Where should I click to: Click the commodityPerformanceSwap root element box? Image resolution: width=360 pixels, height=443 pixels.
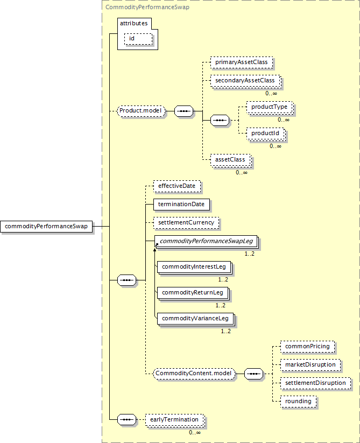tap(46, 226)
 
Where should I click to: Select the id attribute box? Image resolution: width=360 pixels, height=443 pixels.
tap(138, 39)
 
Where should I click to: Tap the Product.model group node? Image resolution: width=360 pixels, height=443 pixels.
tap(141, 111)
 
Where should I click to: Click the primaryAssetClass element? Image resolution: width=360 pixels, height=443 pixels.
tap(242, 62)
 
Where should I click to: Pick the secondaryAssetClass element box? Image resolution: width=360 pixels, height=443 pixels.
tap(245, 81)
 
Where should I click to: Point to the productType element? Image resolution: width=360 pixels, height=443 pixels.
tap(270, 107)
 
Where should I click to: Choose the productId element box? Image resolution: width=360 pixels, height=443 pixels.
tap(266, 133)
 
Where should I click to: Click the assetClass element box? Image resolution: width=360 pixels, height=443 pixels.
tap(231, 160)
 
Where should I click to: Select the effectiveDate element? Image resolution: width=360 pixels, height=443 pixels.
tap(177, 186)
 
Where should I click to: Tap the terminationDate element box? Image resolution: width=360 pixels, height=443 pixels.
tap(181, 205)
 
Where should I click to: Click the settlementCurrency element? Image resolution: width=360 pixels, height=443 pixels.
tap(186, 223)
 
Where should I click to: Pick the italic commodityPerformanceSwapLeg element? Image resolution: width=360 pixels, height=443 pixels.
tap(207, 242)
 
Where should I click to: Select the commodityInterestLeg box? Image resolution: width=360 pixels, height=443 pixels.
tap(195, 268)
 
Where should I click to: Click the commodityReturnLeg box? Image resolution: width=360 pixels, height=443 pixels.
tap(193, 293)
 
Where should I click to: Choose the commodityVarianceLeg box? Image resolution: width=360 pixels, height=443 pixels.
tap(196, 319)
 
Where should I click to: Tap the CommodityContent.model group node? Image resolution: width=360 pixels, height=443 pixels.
tap(194, 374)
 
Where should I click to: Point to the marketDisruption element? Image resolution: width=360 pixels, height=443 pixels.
tap(310, 365)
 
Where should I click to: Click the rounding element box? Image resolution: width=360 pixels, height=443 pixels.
tap(299, 402)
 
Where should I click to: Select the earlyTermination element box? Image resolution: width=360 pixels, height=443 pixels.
tap(175, 420)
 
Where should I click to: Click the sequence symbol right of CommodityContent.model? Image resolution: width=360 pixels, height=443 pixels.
tap(253, 374)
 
